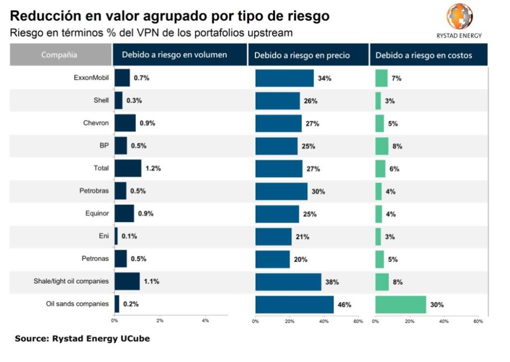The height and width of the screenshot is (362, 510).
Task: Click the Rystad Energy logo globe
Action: coord(459,16)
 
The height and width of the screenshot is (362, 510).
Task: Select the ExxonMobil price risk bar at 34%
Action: coord(284,78)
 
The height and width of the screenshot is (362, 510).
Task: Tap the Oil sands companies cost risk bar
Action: coord(400,305)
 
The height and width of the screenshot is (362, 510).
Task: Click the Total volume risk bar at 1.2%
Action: coord(128,169)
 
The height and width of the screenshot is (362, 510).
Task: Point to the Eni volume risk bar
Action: coord(117,236)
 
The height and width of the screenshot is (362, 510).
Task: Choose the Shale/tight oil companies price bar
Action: coord(288,282)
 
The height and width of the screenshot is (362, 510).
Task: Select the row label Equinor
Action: coord(97,213)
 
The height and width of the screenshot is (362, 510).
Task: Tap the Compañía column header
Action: coord(59,55)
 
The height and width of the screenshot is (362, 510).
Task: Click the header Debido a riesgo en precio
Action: coord(302,55)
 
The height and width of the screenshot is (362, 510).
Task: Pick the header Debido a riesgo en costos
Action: coord(423,55)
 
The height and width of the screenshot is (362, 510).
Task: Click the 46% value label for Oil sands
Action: coord(345,305)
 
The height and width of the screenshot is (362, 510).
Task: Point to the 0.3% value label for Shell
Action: coord(134,101)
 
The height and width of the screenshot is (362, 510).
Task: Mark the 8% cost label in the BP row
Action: coord(397,146)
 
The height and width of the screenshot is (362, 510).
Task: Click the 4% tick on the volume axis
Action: coord(205,321)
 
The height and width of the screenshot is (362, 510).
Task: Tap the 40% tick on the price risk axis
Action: coord(324,321)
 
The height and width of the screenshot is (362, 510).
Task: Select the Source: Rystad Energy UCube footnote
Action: coord(82,339)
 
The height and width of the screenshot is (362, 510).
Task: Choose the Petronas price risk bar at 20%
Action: coord(272,259)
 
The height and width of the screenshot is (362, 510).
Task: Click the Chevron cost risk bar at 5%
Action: coord(380,123)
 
